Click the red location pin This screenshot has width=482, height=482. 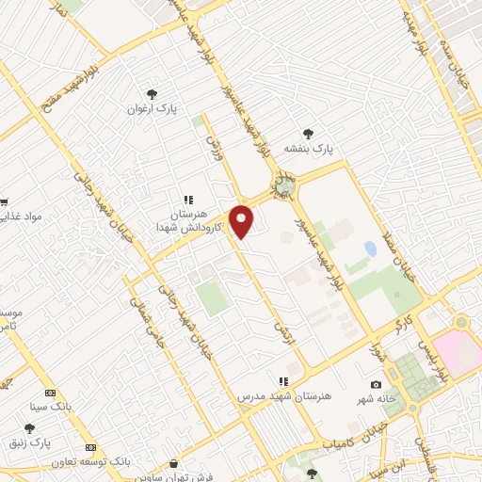coord(242,220)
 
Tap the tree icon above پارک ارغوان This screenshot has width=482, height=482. coord(152,93)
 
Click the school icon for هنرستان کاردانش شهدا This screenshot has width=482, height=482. coord(188,200)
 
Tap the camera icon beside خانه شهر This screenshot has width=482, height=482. coord(377,384)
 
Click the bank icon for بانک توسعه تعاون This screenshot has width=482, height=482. coord(90,447)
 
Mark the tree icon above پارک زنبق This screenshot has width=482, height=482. coord(42,428)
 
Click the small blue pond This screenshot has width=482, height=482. coord(370,249)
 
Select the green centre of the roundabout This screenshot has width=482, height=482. coord(283,185)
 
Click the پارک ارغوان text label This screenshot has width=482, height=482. coord(152,109)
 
